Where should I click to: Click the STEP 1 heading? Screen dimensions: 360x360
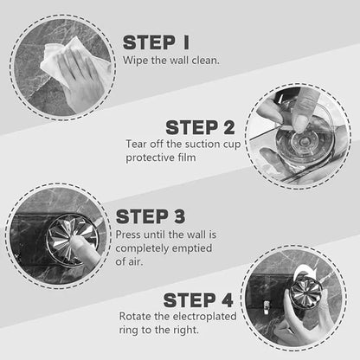point(156,42)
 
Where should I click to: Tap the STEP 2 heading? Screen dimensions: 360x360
point(200,127)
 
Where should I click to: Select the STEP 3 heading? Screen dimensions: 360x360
point(151,216)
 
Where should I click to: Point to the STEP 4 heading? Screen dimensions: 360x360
point(198,300)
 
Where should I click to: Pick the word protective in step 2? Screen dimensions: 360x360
point(148,157)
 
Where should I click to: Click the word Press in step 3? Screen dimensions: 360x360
point(128,235)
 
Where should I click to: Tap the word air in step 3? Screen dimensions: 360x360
point(136,262)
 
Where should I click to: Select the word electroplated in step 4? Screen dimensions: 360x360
point(204,317)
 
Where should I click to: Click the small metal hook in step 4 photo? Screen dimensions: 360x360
point(267,306)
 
